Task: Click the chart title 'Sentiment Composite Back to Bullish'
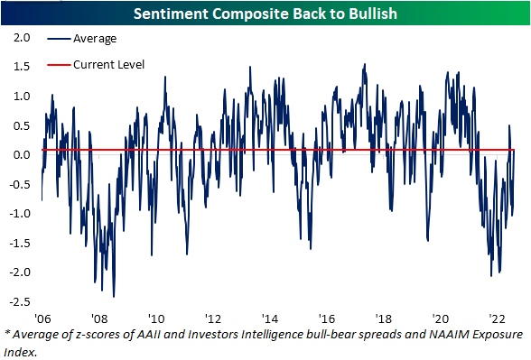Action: coord(265,14)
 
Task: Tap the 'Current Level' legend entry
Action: coord(106,64)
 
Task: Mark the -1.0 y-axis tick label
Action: coord(20,214)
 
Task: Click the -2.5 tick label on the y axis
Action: coord(20,301)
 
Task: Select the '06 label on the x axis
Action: coord(42,318)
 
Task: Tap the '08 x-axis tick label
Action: coord(99,318)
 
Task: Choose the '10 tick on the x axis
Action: coord(156,318)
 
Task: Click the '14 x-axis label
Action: coord(270,318)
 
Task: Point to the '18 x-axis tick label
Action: coord(384,318)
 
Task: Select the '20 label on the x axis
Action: coord(441,318)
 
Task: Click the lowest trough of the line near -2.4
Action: coord(114,295)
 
